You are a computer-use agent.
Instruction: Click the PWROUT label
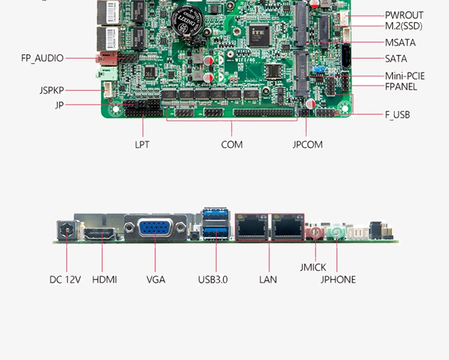[x=404, y=15]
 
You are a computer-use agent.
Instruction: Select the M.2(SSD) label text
[x=404, y=26]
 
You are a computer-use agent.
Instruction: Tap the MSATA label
[x=400, y=42]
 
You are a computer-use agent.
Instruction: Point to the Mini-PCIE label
[x=405, y=75]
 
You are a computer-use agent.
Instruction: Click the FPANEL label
[x=401, y=87]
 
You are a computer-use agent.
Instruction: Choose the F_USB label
[x=397, y=114]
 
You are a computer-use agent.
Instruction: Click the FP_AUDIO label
[x=42, y=58]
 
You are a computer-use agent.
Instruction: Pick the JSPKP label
[x=52, y=90]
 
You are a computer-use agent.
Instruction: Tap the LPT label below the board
[x=142, y=144]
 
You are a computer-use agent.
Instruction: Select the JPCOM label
[x=307, y=144]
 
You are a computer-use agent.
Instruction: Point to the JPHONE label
[x=338, y=279]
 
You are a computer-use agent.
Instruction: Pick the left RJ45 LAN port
[x=252, y=227]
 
